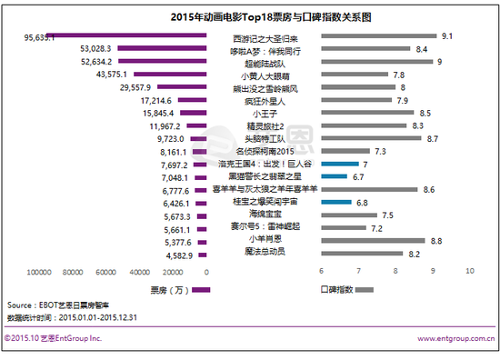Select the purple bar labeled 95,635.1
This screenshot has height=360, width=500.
pos(118,37)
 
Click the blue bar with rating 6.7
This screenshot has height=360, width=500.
pos(334,176)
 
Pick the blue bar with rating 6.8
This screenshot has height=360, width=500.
pos(335,202)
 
